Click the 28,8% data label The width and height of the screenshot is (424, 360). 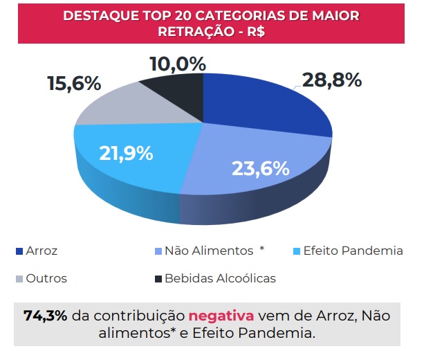(332, 80)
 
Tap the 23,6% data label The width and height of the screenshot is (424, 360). (259, 168)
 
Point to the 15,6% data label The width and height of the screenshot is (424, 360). (74, 84)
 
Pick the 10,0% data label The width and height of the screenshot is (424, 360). (177, 64)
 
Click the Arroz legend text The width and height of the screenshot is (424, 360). (42, 251)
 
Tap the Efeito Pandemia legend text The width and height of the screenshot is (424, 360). (352, 251)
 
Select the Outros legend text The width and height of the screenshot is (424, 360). (46, 278)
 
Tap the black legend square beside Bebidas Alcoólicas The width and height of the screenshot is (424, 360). (158, 279)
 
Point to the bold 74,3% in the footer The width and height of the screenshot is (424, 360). (46, 316)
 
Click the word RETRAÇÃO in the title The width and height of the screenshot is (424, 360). (192, 31)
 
